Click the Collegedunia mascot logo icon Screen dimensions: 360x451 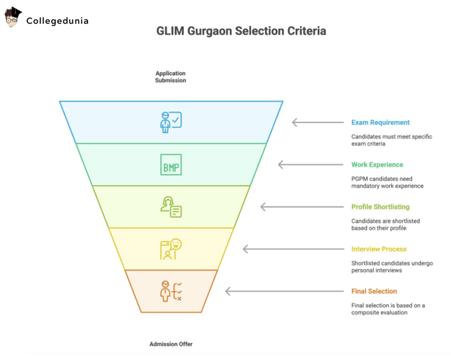tap(13, 18)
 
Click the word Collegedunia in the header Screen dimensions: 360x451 tap(57, 20)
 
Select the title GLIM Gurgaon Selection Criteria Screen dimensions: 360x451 tap(241, 31)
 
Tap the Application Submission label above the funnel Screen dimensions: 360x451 tap(170, 77)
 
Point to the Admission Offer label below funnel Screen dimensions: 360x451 tap(171, 344)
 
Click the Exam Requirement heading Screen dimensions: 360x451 tap(380, 123)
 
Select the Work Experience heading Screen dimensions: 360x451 tap(377, 165)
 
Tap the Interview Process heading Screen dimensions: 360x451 tap(379, 249)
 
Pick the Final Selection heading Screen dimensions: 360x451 tap(374, 291)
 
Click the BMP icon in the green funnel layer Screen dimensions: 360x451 tap(171, 165)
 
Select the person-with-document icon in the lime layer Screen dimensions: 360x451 tap(171, 207)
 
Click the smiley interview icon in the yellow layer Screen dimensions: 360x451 tap(171, 249)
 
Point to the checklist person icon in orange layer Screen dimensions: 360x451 tap(171, 291)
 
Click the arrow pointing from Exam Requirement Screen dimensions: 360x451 tap(318, 123)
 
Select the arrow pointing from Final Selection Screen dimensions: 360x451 tap(284, 291)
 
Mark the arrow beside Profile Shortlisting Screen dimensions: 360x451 tap(301, 207)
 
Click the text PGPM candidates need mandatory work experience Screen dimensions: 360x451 tap(387, 182)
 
